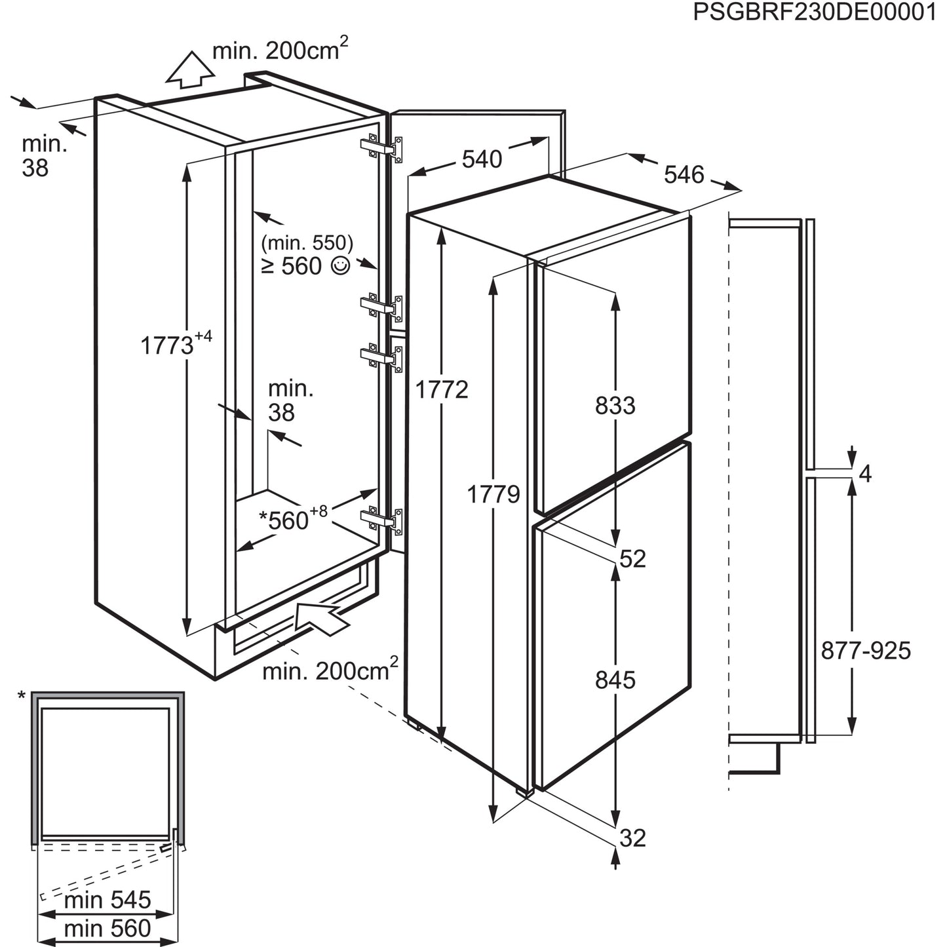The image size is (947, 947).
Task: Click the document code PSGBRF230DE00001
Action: [815, 12]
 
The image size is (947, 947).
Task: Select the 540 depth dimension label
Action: [482, 159]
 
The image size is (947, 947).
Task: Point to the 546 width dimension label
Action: [684, 174]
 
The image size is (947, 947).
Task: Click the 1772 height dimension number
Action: [442, 390]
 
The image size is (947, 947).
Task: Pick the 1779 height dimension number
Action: [493, 493]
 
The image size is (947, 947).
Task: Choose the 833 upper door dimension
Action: [615, 406]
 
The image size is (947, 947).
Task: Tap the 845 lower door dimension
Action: [615, 680]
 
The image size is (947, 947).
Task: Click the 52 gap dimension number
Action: [632, 558]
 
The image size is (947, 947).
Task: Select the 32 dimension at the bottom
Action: [632, 838]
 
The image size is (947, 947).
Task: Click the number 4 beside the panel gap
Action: [865, 474]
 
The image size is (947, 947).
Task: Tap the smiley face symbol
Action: [341, 266]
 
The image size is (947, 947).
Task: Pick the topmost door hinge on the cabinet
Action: [381, 148]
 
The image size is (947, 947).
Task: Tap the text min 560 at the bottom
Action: [107, 928]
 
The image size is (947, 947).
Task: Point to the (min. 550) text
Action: [307, 243]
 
